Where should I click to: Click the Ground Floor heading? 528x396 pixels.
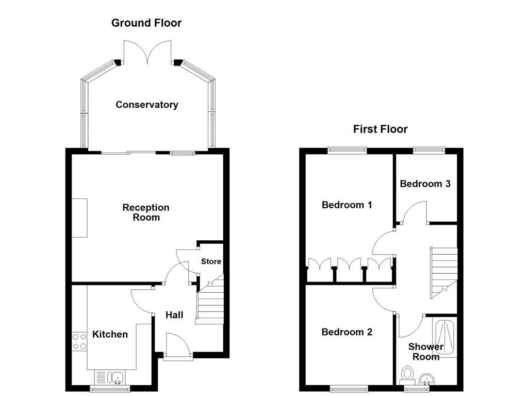click(x=146, y=23)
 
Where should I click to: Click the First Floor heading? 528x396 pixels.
click(x=380, y=129)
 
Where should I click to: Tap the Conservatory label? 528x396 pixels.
click(x=146, y=105)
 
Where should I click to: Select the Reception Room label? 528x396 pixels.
click(x=145, y=212)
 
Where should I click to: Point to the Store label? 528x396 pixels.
click(x=211, y=261)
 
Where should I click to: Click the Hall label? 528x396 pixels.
click(x=174, y=315)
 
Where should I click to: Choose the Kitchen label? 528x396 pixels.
click(x=110, y=334)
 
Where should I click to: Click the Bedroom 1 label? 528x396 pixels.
click(x=346, y=205)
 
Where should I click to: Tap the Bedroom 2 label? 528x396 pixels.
click(x=346, y=332)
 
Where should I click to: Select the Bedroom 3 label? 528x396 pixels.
click(x=425, y=184)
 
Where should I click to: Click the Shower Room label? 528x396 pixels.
click(x=426, y=352)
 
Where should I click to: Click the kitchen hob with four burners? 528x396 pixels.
click(x=79, y=341)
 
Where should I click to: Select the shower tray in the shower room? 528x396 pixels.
click(x=444, y=338)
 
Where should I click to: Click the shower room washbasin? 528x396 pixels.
click(x=427, y=380)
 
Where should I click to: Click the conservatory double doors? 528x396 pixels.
click(x=148, y=54)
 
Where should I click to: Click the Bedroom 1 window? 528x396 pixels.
click(x=348, y=150)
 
